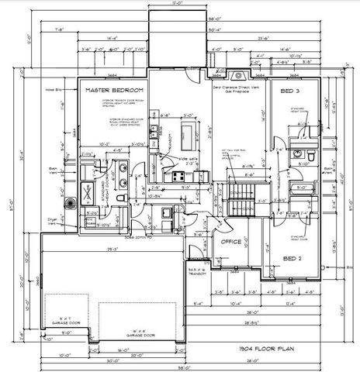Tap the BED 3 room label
click(x=292, y=91)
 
